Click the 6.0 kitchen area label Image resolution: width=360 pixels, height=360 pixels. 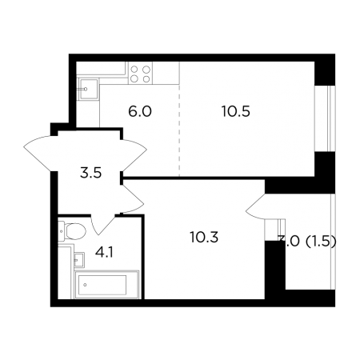coord(140,111)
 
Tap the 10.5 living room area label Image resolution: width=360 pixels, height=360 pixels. coord(236,111)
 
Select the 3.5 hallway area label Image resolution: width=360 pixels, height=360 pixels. coord(90,173)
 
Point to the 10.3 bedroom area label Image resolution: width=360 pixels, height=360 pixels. coord(204,237)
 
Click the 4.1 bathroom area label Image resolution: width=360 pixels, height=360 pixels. coord(104,252)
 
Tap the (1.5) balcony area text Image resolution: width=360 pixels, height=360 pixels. coord(321,242)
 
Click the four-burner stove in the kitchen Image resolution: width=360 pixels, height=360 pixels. coord(140,74)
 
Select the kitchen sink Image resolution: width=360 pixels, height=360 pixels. coord(88,89)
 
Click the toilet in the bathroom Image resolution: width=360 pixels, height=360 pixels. coord(72,230)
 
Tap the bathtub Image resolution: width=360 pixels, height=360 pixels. coord(107,285)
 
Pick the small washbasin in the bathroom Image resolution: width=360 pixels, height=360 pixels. coord(79,259)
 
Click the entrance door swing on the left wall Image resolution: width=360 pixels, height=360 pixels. coord(40,154)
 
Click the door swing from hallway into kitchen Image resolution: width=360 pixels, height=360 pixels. coord(134,155)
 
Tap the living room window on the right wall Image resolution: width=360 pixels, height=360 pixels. coord(325,118)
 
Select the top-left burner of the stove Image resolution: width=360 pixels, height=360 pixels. coord(134,70)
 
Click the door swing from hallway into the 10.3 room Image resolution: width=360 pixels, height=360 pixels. coord(133,198)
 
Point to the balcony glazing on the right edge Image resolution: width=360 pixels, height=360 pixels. coord(333,242)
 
